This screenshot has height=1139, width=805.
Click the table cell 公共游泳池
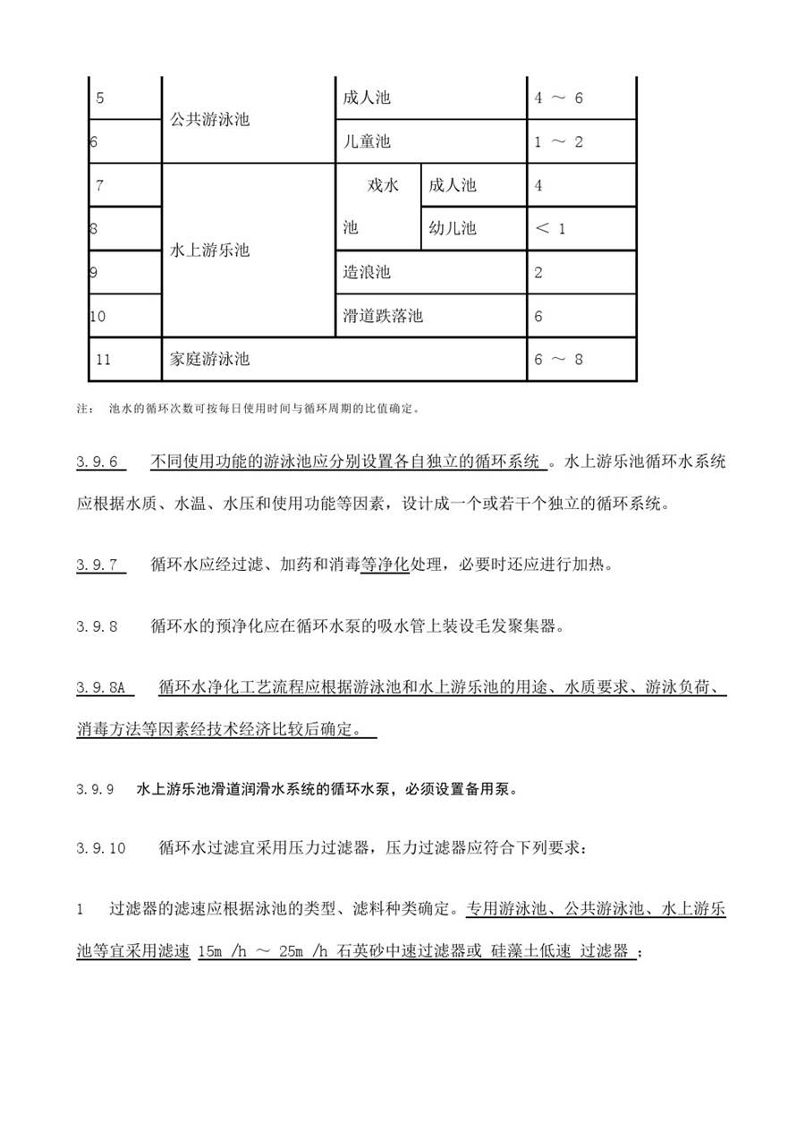point(209,120)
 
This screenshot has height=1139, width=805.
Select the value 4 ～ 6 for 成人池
point(558,98)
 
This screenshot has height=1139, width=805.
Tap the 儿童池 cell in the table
point(367,141)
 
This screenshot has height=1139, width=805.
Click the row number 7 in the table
point(99,185)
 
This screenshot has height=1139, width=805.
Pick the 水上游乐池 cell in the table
point(209,251)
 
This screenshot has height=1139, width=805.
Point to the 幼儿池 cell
point(453,228)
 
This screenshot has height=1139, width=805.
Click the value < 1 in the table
point(550,228)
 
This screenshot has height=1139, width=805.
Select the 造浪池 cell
point(367,272)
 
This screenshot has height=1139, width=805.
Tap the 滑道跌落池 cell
point(383,316)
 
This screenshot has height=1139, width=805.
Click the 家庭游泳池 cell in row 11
point(209,360)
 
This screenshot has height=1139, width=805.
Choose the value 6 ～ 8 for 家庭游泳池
point(558,360)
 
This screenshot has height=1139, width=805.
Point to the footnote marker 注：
point(85,410)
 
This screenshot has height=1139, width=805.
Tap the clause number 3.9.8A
point(104,688)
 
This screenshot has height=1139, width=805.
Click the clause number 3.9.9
point(96,790)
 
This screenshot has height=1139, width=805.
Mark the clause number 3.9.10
point(101,848)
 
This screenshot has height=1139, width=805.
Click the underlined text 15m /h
point(223,951)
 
